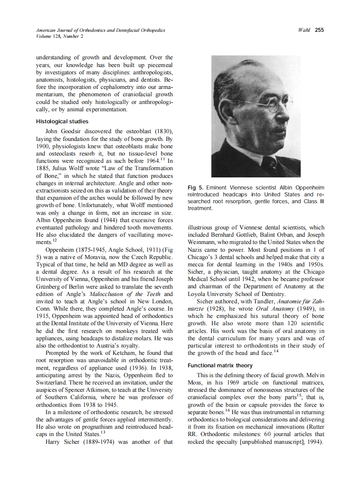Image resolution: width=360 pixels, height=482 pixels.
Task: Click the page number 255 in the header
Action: [x=319, y=30]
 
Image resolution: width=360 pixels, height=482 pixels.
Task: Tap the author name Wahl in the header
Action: [x=304, y=30]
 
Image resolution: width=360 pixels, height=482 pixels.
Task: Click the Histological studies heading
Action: [x=62, y=122]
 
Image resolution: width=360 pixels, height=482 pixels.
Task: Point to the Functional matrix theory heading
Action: [x=220, y=366]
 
